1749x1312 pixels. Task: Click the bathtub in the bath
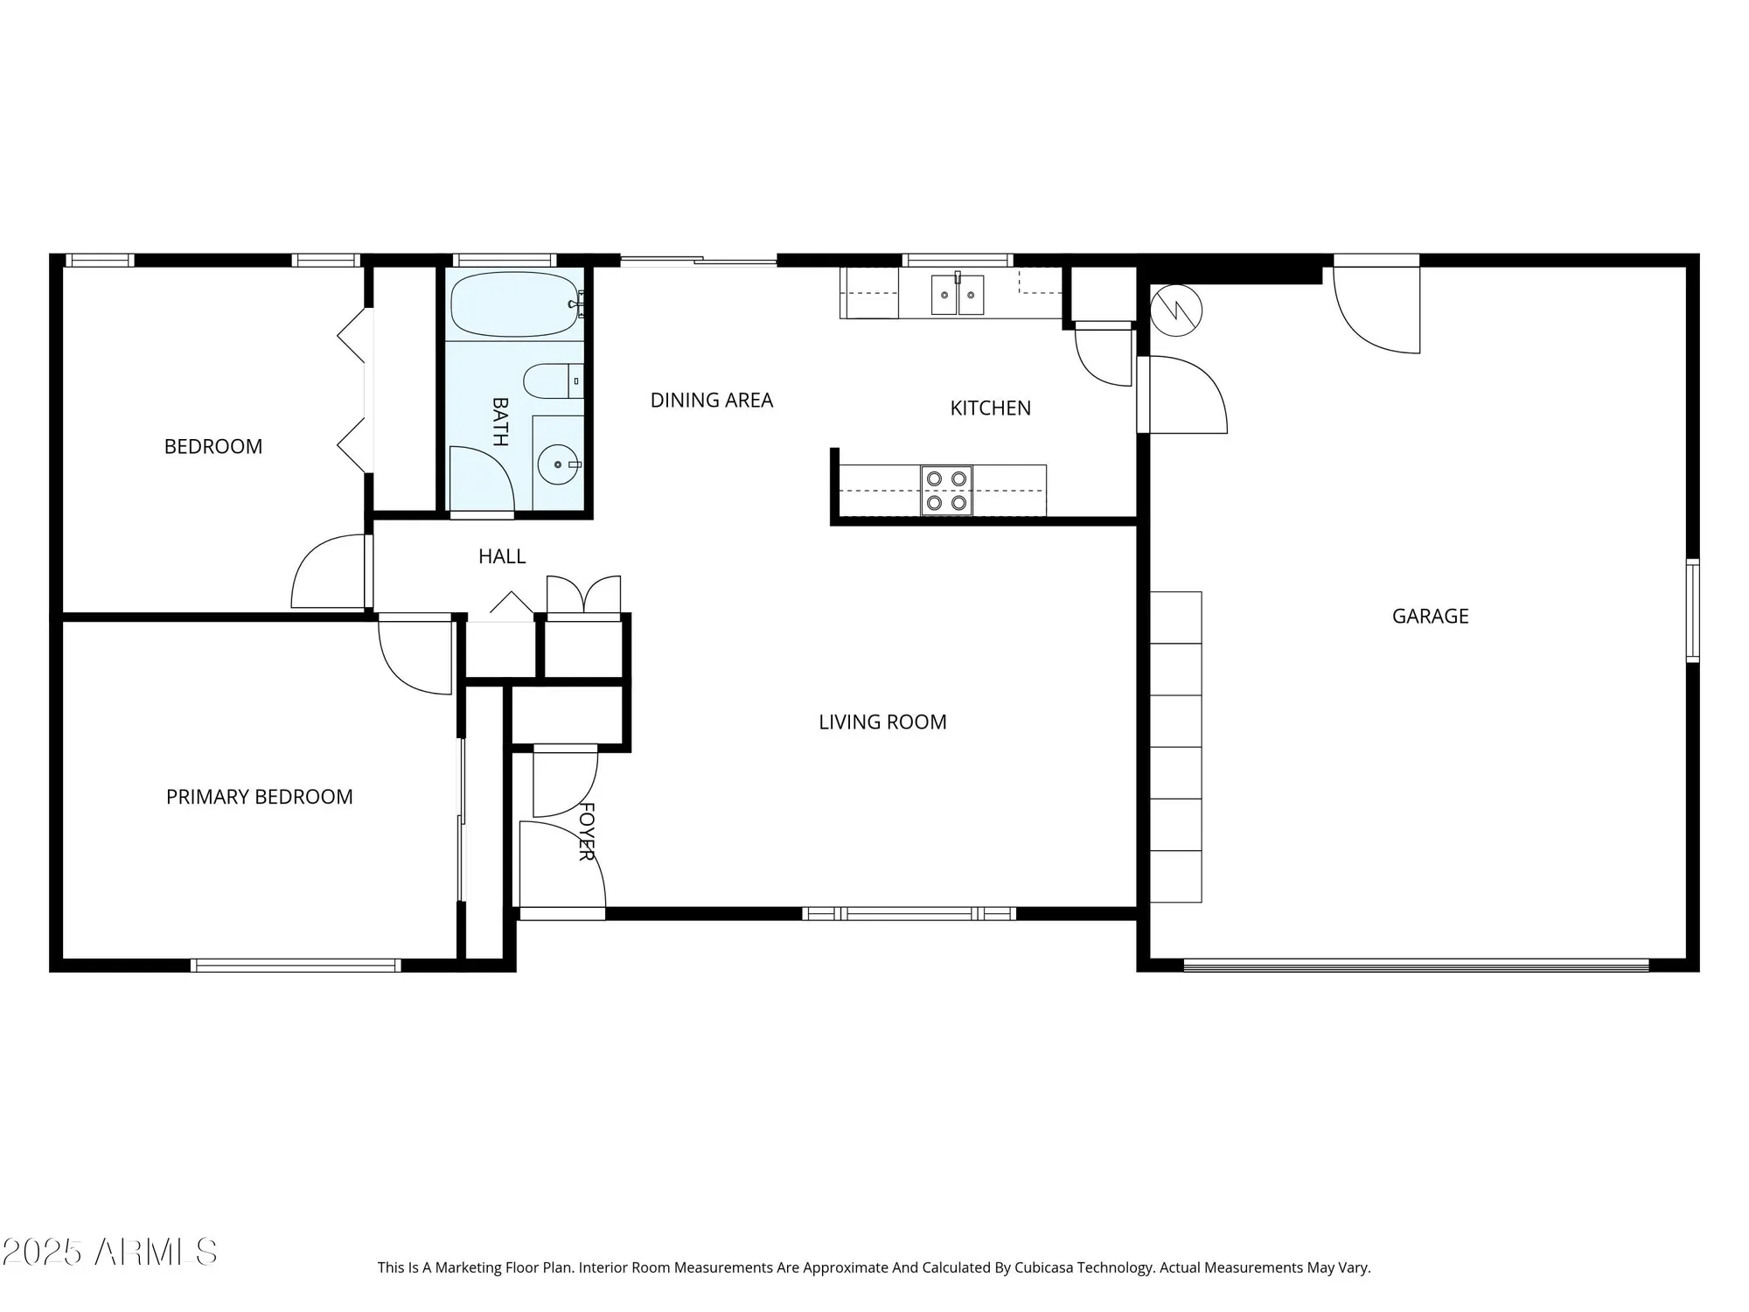click(514, 304)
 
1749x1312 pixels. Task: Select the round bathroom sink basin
click(555, 465)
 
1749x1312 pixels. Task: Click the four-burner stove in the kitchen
click(946, 491)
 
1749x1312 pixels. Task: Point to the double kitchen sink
click(958, 295)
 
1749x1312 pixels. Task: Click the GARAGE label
click(1430, 617)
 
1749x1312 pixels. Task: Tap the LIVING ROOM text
click(882, 722)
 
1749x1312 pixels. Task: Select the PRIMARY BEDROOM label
click(260, 797)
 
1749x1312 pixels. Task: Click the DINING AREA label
click(712, 401)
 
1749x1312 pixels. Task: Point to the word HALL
click(502, 556)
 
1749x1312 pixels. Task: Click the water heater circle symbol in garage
click(1176, 310)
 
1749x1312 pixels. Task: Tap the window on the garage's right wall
click(1692, 611)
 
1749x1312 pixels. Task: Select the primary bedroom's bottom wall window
click(296, 966)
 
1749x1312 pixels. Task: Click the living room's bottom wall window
click(909, 914)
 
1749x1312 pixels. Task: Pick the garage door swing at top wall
click(1377, 311)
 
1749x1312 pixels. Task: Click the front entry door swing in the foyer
click(560, 866)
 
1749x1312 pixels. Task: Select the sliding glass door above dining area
click(698, 260)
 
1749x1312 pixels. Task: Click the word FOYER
click(587, 832)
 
